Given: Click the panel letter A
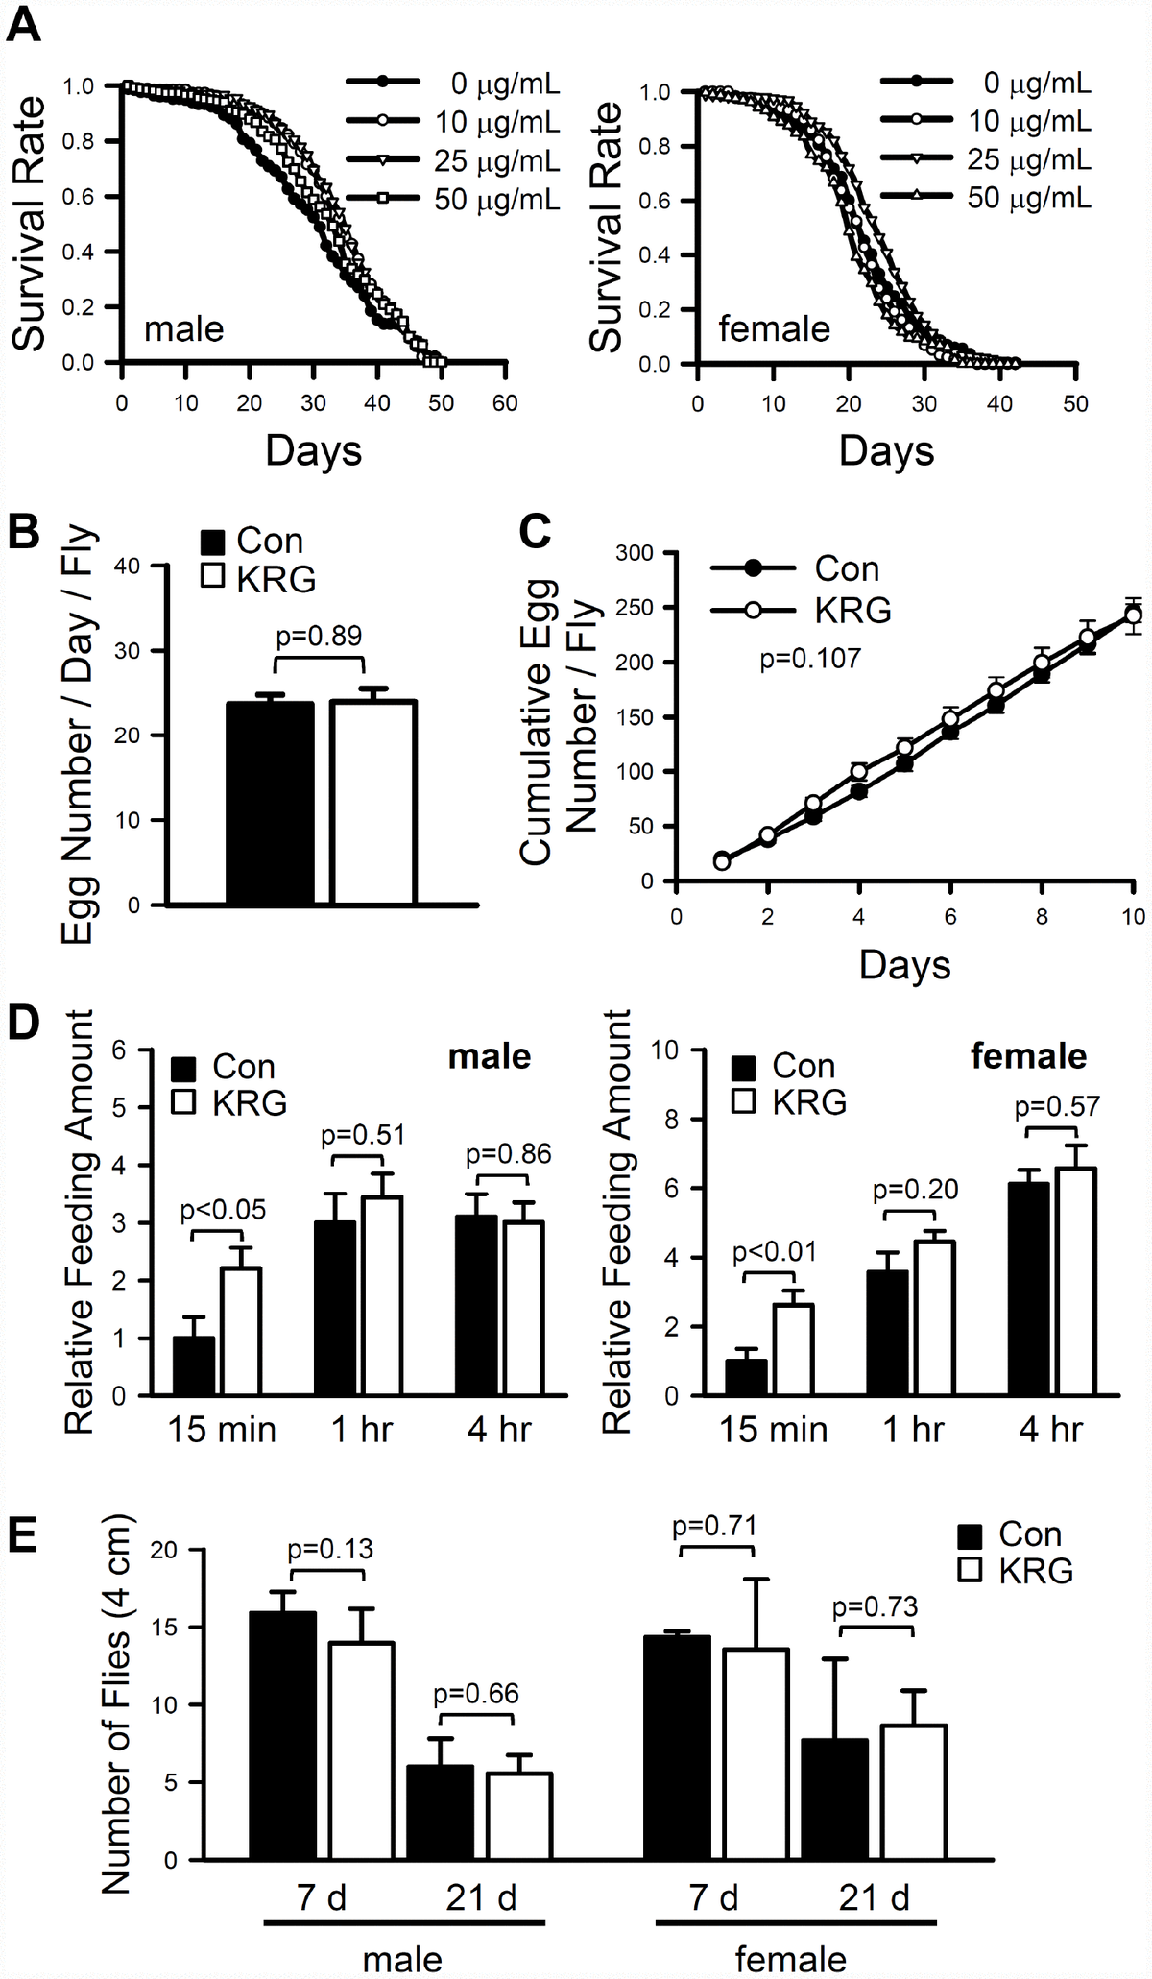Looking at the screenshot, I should [x=24, y=23].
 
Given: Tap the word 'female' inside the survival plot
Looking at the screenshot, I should [x=774, y=329].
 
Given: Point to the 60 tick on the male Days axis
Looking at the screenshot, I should [x=505, y=403].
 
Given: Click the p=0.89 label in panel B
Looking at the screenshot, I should [x=319, y=636].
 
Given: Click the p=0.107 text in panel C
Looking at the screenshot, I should [x=810, y=659].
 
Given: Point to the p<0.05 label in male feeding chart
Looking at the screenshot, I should [x=223, y=1210].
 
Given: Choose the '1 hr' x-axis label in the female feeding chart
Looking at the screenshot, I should [x=913, y=1430].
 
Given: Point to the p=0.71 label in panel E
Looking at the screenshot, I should [x=715, y=1526].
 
